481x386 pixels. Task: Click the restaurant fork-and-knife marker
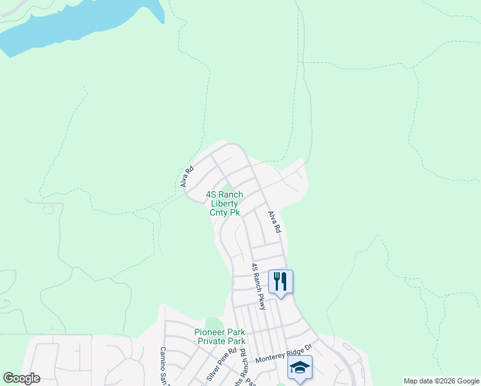(280, 281)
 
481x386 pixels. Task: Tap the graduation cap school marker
(300, 367)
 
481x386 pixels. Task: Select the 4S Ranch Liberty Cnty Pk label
(224, 203)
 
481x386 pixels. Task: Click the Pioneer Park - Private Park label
(221, 336)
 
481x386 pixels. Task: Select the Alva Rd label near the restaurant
(275, 222)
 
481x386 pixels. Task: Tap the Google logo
(21, 378)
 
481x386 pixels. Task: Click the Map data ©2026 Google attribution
(440, 381)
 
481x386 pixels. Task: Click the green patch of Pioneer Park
(213, 324)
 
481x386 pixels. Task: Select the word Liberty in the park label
(224, 203)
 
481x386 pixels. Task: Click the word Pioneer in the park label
(210, 332)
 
